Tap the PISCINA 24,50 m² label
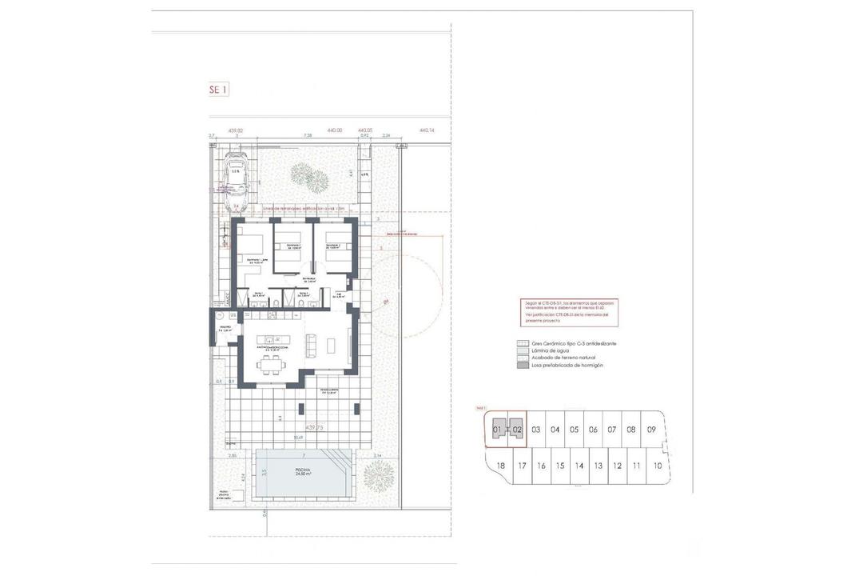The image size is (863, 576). point(304,472)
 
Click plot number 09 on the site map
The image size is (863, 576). point(651,430)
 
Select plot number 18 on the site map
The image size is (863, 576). point(501,466)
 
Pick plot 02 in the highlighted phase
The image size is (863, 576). point(517,430)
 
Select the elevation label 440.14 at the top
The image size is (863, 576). point(426,130)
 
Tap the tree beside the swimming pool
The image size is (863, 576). point(379,477)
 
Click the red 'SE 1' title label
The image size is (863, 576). point(217,90)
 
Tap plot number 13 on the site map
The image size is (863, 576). point(599,466)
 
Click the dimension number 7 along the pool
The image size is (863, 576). point(304,454)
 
